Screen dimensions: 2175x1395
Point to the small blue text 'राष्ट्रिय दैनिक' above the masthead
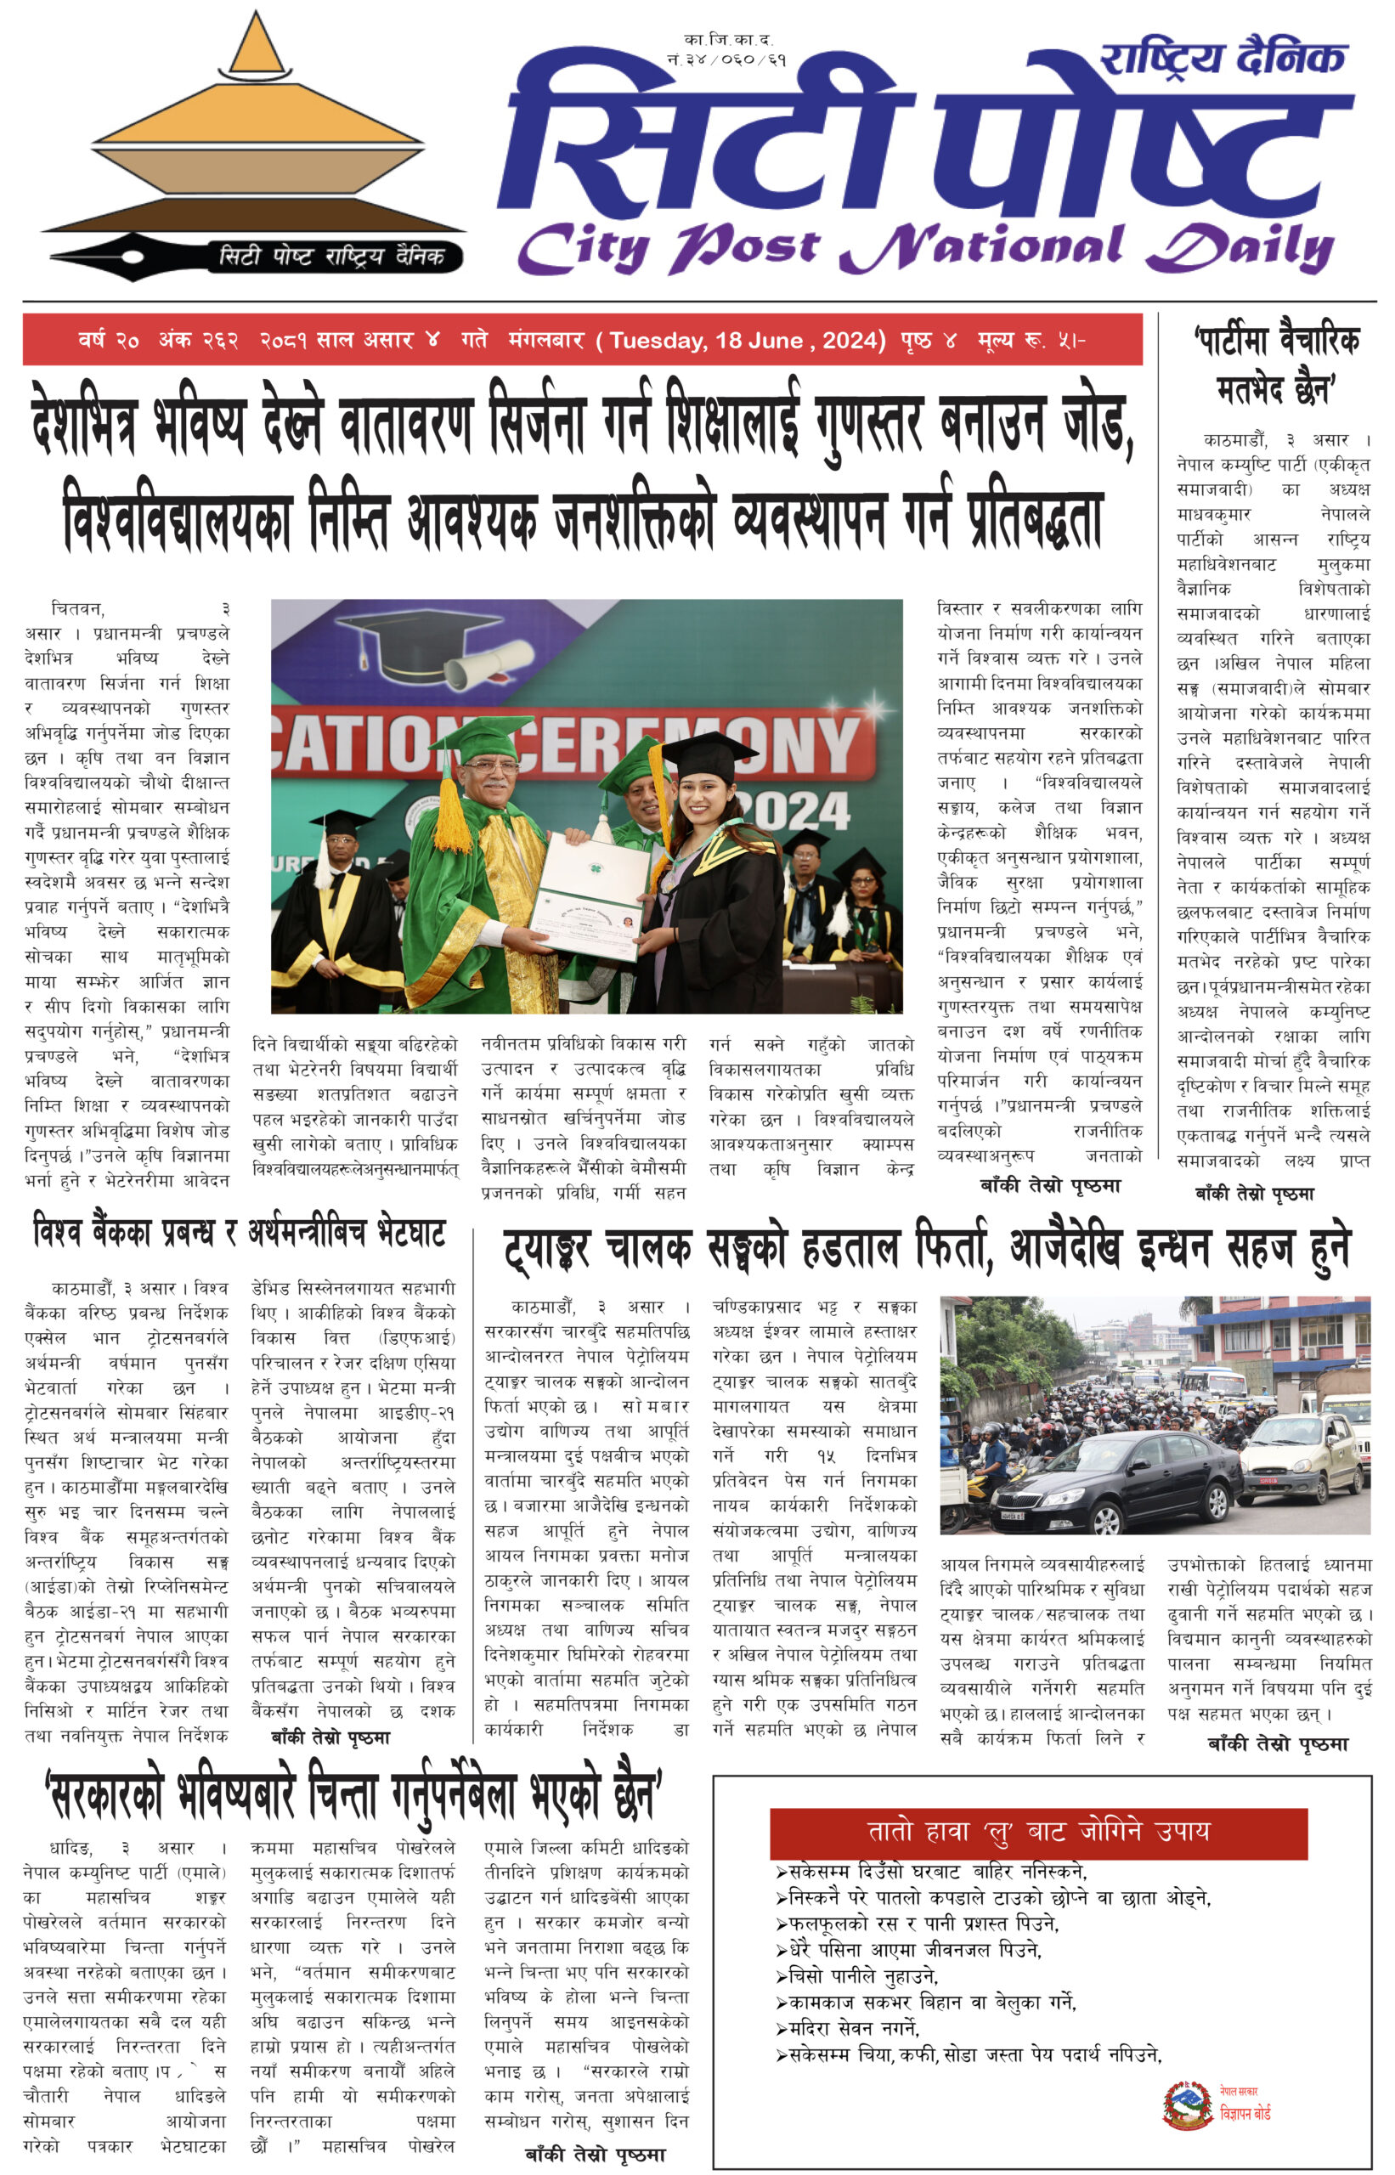click(x=1223, y=59)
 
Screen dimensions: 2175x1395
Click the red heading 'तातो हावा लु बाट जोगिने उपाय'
click(x=1038, y=1832)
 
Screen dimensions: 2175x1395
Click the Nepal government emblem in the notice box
click(x=1188, y=2105)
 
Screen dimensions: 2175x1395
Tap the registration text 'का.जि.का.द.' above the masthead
click(x=728, y=40)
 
